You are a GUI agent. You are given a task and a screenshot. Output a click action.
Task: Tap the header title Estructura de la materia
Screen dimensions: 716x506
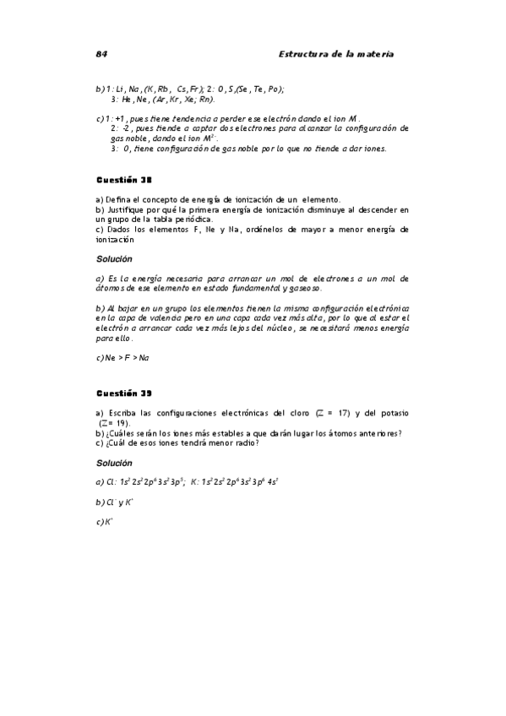336,54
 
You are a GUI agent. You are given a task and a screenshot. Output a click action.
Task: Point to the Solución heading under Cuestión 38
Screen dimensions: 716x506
114,258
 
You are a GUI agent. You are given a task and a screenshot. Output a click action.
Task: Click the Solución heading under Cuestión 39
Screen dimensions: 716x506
114,463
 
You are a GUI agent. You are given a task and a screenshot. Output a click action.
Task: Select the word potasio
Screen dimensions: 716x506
393,412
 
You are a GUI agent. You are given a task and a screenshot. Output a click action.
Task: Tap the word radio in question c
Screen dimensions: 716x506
246,442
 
